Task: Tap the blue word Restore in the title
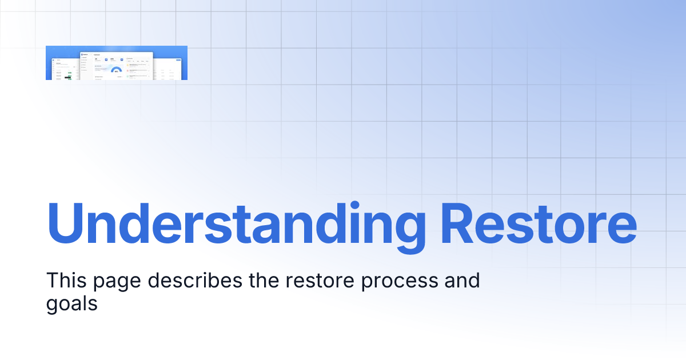pos(538,222)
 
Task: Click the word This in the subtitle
pos(66,281)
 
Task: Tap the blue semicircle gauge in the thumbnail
pos(116,70)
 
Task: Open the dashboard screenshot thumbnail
pos(117,63)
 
